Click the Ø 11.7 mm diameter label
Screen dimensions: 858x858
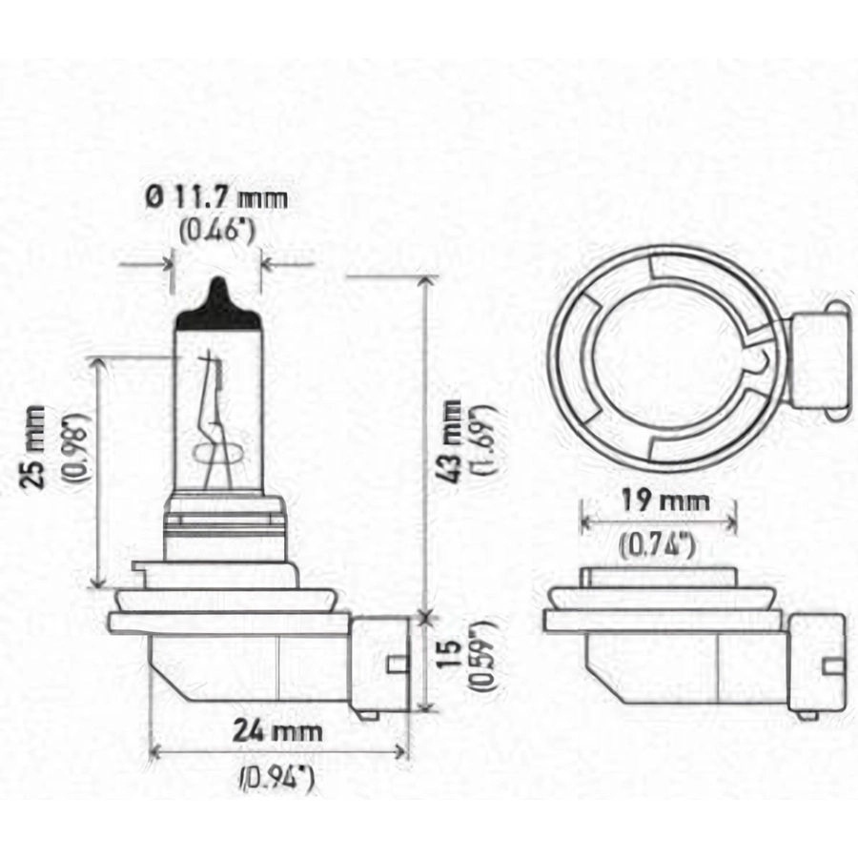(216, 198)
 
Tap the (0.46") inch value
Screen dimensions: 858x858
(217, 231)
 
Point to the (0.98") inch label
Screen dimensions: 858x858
(77, 447)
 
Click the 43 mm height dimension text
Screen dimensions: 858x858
(452, 441)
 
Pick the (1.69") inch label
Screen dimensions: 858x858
(484, 439)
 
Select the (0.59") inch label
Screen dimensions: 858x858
(482, 656)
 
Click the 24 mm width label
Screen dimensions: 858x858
(277, 731)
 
